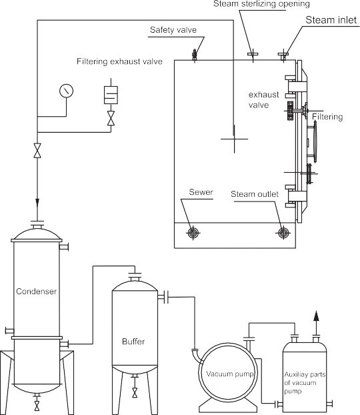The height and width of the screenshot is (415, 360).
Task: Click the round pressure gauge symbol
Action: [65, 89]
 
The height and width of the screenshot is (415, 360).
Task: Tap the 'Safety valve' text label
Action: [172, 31]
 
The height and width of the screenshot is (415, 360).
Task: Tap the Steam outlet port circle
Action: [284, 233]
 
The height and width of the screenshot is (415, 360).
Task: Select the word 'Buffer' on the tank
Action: [133, 342]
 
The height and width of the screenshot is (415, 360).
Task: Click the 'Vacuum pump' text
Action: [229, 373]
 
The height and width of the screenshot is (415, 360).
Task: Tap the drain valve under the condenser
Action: [36, 404]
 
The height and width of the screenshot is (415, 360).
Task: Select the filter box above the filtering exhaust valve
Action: [111, 94]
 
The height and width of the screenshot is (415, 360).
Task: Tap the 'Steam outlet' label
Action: [255, 194]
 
